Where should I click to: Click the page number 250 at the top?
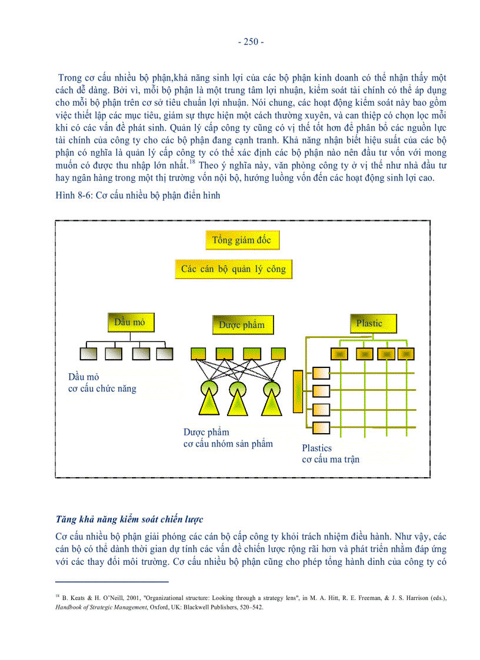[251, 42]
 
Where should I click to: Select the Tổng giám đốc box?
[242, 240]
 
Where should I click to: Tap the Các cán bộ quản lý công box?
[233, 269]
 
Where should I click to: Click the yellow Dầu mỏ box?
[130, 322]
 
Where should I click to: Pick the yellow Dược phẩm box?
[242, 324]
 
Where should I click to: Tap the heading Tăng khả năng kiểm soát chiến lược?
[129, 520]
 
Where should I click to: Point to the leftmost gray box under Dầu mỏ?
[87, 353]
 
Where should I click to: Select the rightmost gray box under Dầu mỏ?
[165, 353]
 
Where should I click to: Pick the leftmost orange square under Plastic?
[339, 354]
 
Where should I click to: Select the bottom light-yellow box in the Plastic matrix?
[322, 427]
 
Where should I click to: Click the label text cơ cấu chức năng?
[102, 388]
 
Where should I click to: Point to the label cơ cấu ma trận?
[331, 459]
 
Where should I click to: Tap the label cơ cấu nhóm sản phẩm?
[228, 443]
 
